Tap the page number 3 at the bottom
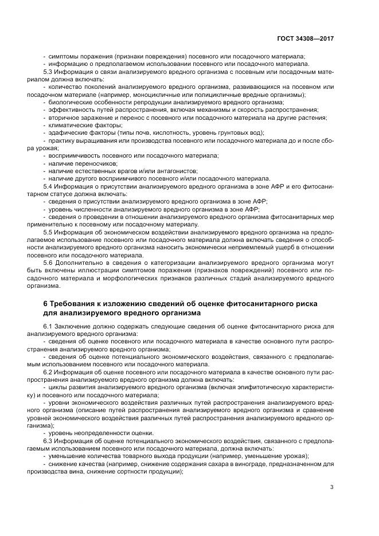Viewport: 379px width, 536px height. [332, 488]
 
